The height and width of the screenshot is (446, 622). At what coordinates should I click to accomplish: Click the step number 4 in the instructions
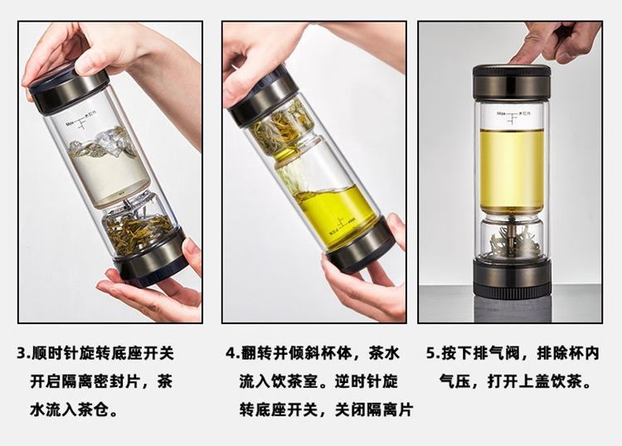[231, 352]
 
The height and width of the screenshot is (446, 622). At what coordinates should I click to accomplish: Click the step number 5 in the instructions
[430, 352]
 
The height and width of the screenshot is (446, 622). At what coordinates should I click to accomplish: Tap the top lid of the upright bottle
[511, 82]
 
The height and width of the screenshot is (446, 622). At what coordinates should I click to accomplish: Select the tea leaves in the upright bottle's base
[512, 244]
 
